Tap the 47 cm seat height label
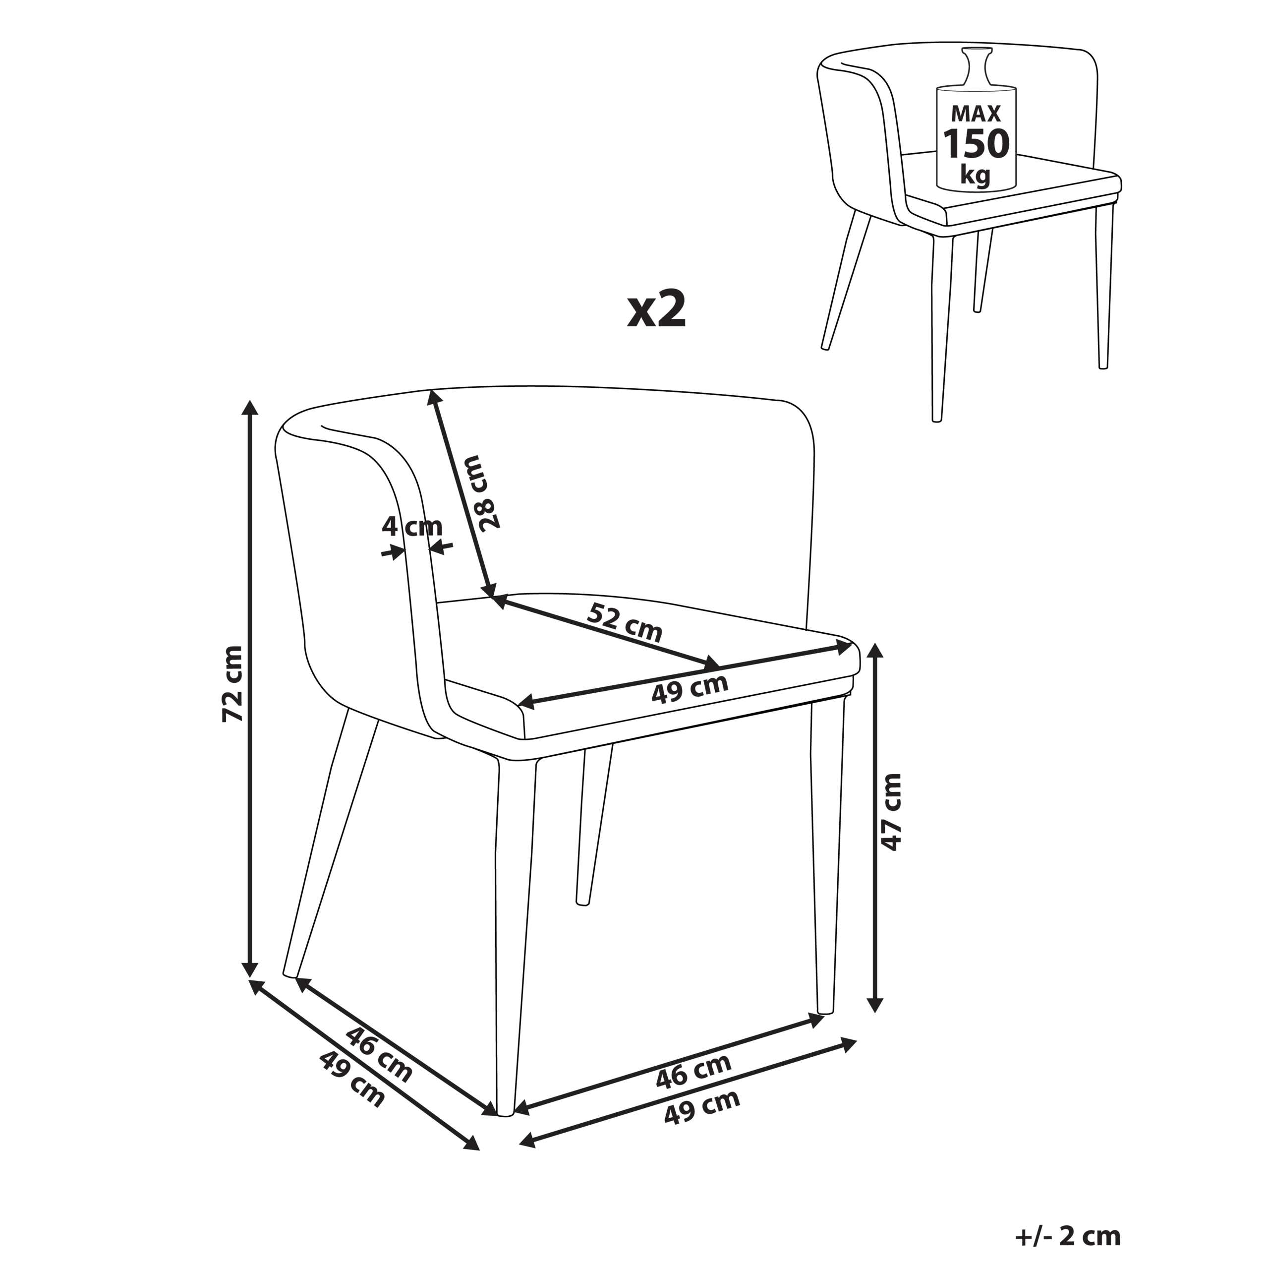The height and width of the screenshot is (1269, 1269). click(891, 812)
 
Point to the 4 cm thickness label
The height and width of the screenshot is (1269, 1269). click(412, 527)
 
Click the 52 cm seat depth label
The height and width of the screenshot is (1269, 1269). click(625, 622)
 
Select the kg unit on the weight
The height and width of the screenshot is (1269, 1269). click(976, 175)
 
